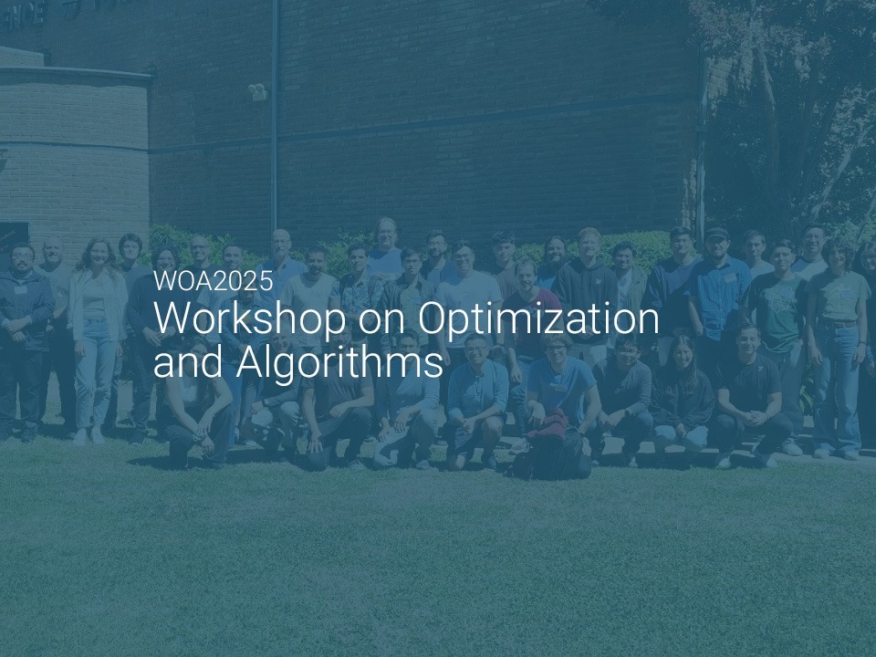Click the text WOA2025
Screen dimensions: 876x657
(x=214, y=280)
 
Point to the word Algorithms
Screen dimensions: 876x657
(x=339, y=362)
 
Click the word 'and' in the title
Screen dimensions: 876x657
(x=189, y=362)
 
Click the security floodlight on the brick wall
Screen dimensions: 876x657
(x=257, y=91)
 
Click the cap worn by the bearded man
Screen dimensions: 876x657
(x=715, y=233)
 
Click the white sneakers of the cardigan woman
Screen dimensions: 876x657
(x=89, y=436)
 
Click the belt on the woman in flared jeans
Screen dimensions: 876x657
(x=837, y=323)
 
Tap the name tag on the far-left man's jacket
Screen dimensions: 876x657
(x=21, y=290)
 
